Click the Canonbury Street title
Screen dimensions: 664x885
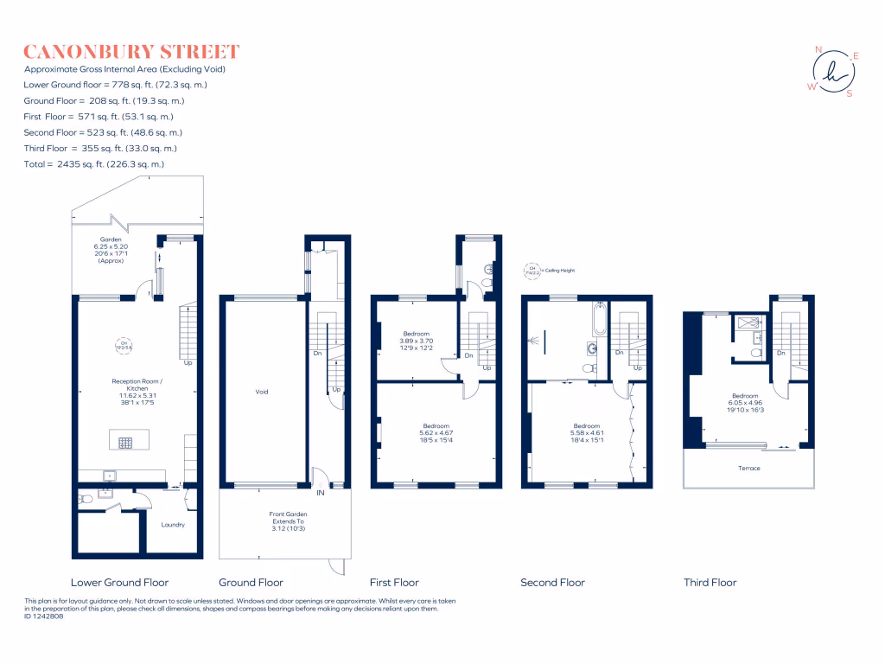pos(131,52)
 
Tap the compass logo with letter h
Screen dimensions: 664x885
pos(833,72)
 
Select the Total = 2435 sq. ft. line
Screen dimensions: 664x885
pos(94,164)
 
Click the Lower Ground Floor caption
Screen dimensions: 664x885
pos(119,583)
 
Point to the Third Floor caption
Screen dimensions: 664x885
pos(710,583)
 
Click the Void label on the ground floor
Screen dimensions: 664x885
pos(262,393)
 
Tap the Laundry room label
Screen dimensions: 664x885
pos(173,525)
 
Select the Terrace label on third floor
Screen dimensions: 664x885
pos(748,468)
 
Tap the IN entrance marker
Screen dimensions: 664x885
pos(321,493)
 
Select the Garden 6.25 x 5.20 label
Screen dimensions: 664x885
pos(111,246)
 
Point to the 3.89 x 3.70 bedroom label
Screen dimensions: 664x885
pos(416,342)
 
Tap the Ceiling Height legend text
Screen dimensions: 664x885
pos(558,271)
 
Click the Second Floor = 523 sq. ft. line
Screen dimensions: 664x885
pos(103,132)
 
